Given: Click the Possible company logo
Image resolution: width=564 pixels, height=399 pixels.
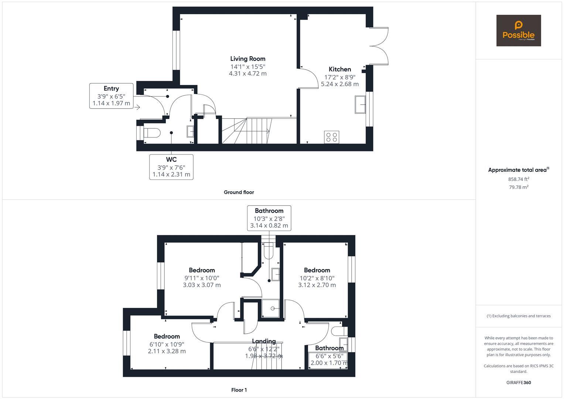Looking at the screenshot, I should (518, 31).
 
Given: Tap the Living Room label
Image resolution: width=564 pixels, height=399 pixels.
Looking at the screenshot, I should (247, 59).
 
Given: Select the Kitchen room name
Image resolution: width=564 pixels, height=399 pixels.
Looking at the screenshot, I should (340, 69).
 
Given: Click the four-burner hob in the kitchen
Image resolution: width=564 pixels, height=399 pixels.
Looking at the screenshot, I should (331, 137).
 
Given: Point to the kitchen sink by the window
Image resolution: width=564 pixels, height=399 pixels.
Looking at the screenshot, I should (360, 105).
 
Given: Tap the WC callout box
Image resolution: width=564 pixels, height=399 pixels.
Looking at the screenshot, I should (171, 167).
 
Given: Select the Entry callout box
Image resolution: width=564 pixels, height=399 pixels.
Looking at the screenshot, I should (111, 96).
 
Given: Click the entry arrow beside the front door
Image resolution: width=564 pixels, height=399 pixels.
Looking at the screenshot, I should (137, 108).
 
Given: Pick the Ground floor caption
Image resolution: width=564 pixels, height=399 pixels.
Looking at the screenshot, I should (239, 192).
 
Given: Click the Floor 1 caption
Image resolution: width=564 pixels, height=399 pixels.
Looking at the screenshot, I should (239, 390).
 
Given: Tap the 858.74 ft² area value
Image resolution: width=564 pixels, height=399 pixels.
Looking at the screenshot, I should (519, 179).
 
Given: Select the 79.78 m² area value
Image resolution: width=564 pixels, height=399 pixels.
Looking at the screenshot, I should (519, 187).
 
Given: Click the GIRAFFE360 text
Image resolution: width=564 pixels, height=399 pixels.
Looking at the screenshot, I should (519, 382).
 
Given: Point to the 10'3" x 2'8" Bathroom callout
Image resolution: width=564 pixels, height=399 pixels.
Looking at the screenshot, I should (269, 218).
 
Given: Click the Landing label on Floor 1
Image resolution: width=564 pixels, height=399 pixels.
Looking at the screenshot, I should (264, 341).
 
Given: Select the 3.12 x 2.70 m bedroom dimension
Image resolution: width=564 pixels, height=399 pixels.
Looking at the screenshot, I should (317, 285).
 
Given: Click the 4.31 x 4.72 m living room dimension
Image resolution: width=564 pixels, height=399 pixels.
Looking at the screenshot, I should (247, 74).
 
